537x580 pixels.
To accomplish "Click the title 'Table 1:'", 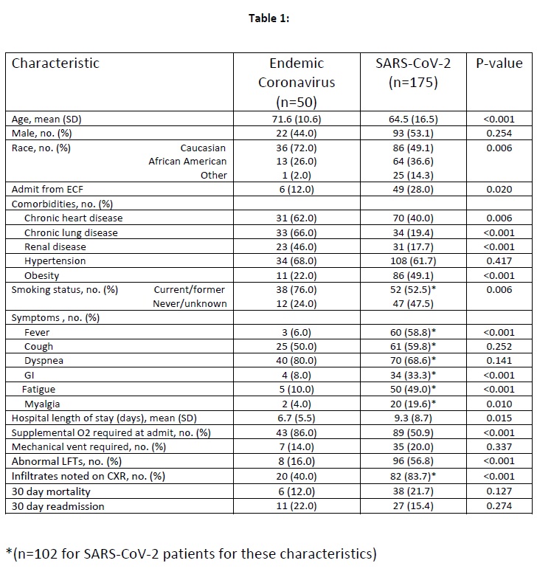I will [x=268, y=18].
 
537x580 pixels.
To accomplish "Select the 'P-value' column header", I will [x=499, y=63].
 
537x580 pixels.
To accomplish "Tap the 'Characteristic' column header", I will [x=55, y=63].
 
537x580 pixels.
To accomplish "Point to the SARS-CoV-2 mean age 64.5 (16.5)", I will [x=412, y=119].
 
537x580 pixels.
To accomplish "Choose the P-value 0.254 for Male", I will [x=499, y=133].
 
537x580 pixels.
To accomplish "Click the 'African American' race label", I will [x=187, y=162].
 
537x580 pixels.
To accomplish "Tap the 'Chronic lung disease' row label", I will [x=71, y=232].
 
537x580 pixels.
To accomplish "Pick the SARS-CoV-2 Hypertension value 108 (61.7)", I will [x=412, y=261].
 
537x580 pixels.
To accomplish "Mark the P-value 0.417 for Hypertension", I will [x=499, y=261].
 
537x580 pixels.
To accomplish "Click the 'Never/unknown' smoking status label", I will [x=190, y=304].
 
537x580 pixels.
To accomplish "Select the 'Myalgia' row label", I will [x=44, y=404].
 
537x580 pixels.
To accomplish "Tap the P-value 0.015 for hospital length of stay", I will [x=499, y=418].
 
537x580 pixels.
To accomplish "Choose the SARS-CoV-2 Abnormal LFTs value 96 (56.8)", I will [x=412, y=461].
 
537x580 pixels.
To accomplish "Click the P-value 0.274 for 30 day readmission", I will [x=499, y=506].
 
